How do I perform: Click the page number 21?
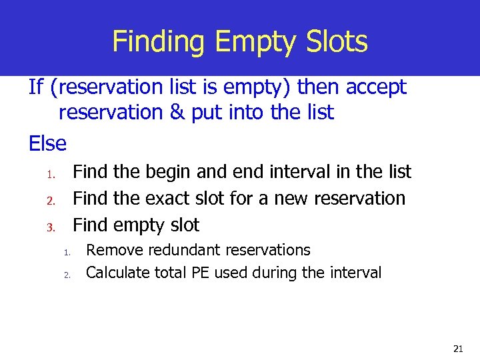(x=457, y=348)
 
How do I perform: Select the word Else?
(x=47, y=143)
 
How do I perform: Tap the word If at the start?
(x=37, y=87)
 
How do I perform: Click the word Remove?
(x=113, y=250)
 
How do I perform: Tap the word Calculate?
(x=118, y=272)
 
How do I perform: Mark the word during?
(x=276, y=272)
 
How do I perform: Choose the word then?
(x=319, y=87)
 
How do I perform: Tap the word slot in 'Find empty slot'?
(x=183, y=225)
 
